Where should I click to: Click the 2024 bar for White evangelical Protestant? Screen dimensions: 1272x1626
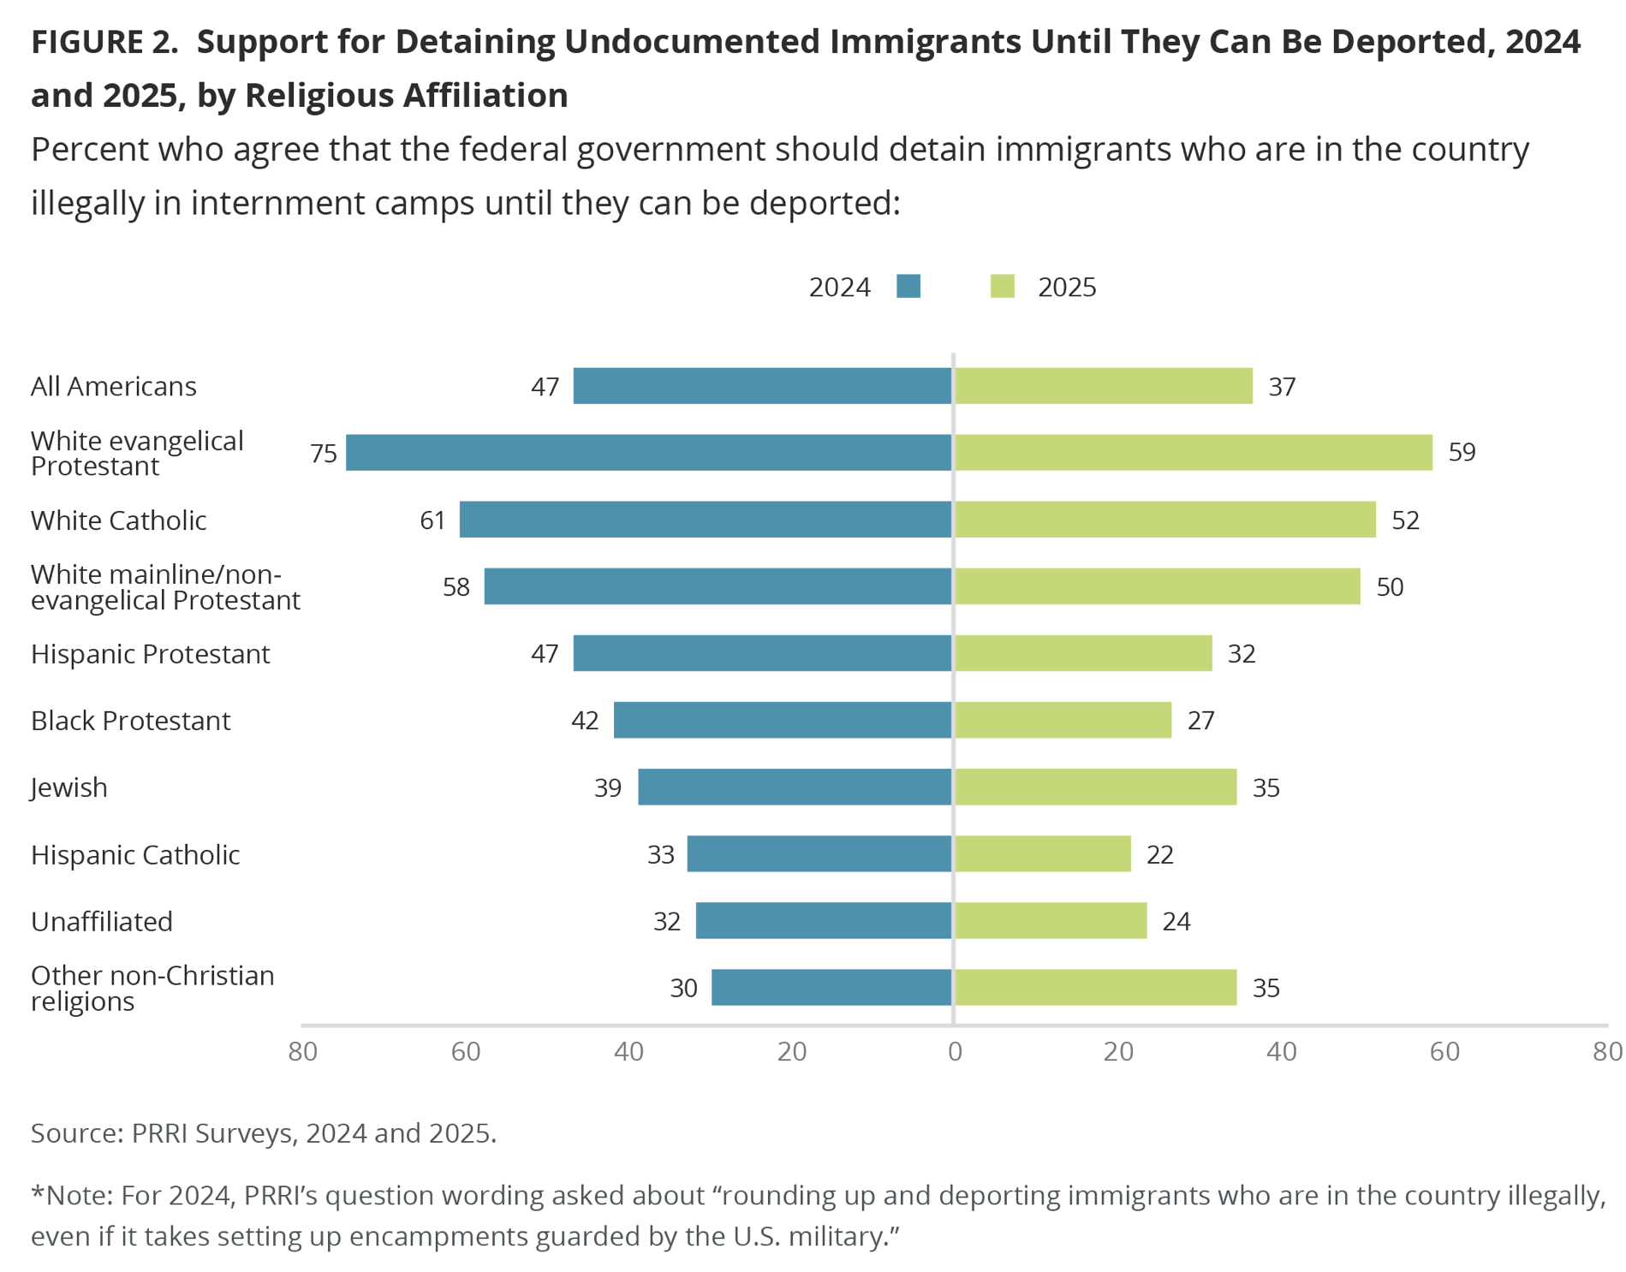[x=648, y=452]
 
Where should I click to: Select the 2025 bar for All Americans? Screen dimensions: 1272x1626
[x=1103, y=386]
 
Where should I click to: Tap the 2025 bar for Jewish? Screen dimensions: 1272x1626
[x=1095, y=787]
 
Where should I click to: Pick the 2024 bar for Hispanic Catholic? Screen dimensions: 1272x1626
[x=819, y=853]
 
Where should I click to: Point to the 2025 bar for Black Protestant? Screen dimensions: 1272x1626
[x=1063, y=720]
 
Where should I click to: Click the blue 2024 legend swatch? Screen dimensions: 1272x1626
[x=908, y=286]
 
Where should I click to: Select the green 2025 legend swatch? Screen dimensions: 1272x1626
[x=1002, y=286]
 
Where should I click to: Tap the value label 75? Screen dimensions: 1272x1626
[x=324, y=453]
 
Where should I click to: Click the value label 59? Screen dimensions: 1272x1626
[x=1462, y=452]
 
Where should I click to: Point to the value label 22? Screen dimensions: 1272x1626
[x=1159, y=854]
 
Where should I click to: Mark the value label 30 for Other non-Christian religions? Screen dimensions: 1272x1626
[x=683, y=988]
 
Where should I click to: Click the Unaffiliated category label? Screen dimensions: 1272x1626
[x=102, y=921]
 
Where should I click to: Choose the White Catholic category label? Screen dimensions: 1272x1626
[x=118, y=520]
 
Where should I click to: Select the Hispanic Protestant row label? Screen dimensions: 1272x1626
[x=150, y=654]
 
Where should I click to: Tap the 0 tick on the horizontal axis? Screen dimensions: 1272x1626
[x=955, y=1051]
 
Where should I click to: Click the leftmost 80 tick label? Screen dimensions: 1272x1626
[x=303, y=1051]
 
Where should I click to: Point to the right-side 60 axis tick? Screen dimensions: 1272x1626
[x=1444, y=1051]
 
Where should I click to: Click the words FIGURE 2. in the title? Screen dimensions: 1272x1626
[x=104, y=42]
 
